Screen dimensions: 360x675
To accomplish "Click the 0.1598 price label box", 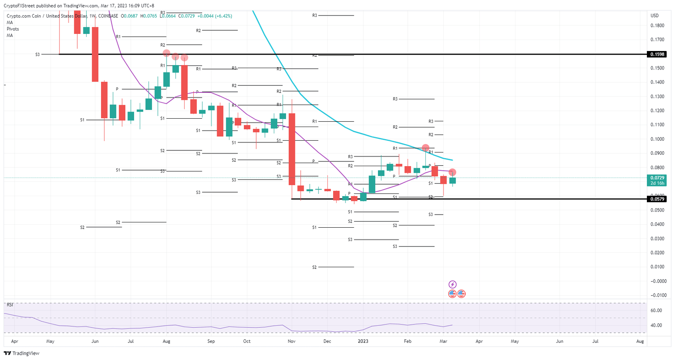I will pos(657,55).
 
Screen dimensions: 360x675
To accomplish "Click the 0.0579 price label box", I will pos(657,199).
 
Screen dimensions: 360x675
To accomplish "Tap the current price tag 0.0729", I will pos(657,178).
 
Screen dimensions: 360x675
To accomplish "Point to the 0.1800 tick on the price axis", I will pos(657,25).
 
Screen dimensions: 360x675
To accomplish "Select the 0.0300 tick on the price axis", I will pos(657,239).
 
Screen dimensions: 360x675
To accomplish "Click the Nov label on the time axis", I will pos(291,341).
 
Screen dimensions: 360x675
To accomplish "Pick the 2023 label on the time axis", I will pos(363,341).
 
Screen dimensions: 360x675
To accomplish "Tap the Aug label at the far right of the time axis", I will pos(640,341).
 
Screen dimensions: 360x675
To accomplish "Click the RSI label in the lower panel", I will pos(10,305).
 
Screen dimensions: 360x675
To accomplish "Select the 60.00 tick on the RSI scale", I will pos(656,310).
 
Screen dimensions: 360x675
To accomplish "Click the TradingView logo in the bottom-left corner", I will pos(22,353).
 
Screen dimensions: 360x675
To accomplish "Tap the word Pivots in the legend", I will pos(13,29).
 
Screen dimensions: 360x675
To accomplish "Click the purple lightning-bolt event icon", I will pos(452,284).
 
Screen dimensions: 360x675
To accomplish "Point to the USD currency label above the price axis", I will pos(655,16).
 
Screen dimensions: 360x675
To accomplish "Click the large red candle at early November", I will pos(291,149).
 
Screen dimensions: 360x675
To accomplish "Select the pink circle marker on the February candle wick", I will pos(425,148).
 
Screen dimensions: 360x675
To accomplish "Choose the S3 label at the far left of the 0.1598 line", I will pos(37,55).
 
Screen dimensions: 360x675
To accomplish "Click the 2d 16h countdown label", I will pos(657,183).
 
